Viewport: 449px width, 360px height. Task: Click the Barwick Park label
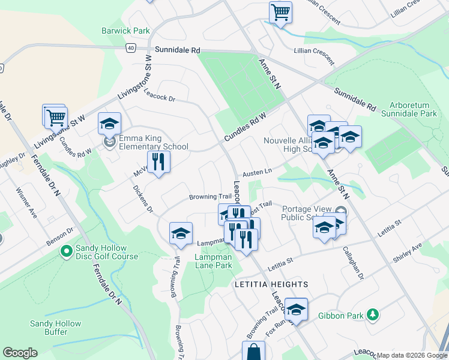coord(125,31)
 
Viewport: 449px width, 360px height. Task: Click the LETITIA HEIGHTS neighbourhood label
coord(262,284)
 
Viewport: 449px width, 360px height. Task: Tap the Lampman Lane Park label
coord(212,261)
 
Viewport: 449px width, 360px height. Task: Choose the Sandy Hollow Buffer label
coord(55,328)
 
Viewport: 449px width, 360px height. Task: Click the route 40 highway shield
coord(131,47)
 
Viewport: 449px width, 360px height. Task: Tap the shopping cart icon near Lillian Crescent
coord(280,12)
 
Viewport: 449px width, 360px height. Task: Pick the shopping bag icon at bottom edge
coord(253,352)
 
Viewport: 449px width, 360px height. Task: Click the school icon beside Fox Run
coord(295,310)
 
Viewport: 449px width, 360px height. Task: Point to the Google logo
coord(20,353)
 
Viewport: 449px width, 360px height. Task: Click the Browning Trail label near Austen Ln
coord(210,197)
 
